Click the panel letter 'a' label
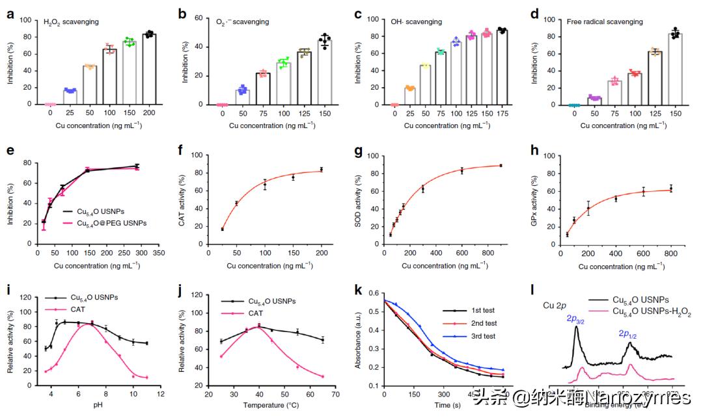10,12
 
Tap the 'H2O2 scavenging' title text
71,22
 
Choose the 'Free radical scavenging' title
607,22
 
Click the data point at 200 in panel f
321,169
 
